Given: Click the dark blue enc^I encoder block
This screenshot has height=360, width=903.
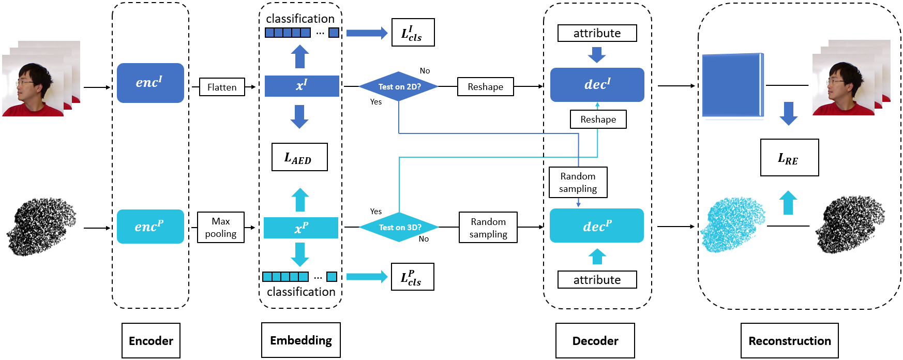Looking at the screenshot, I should pos(150,83).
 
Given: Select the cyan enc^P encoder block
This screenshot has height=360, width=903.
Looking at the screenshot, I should pos(150,227).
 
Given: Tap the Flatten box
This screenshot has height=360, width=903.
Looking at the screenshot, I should pos(222,87).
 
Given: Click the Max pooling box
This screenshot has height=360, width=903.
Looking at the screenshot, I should pos(221,228).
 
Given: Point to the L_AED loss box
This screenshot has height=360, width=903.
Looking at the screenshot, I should pos(299,157).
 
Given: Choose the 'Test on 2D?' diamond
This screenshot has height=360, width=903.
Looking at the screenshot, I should pos(399,86).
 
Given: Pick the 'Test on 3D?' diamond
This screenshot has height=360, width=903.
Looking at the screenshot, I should pos(399,227).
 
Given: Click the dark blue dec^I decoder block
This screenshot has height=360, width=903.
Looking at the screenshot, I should pos(597,85).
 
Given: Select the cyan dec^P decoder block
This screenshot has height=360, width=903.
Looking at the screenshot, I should pos(597,226).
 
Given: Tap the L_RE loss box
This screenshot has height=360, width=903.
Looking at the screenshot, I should pos(789,158).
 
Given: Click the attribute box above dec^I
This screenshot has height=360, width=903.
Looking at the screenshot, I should pos(597,33).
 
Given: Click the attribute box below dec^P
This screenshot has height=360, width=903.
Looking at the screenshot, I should pos(597,280).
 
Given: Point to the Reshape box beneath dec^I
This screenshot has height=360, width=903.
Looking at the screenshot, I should pos(598,119).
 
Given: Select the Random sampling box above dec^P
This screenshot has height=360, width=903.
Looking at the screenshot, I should pos(578,182).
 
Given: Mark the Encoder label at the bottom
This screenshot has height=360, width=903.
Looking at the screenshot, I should pos(151,340).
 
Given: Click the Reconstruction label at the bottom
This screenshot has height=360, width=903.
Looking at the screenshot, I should pos(789,340).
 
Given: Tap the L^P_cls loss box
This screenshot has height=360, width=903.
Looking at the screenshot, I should pos(412,277).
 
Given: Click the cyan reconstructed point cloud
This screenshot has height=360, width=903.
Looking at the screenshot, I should pos(733,224).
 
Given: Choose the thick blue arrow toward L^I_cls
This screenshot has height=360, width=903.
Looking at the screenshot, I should pos(366,33).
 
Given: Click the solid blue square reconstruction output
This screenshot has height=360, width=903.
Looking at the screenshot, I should pos(732,85).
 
